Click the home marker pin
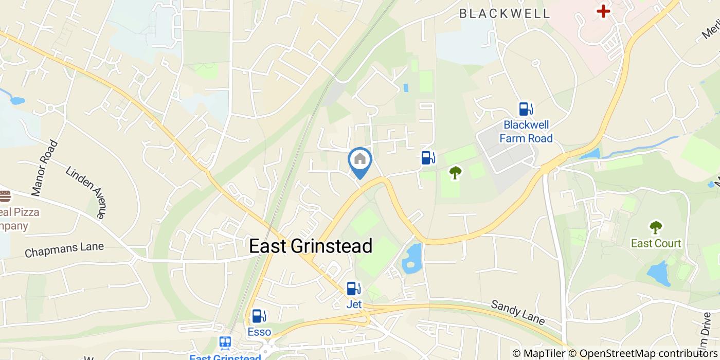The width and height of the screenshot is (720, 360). pos(360,160)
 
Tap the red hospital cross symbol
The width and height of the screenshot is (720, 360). pos(603,10)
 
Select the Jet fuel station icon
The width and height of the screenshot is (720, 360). pos(353,289)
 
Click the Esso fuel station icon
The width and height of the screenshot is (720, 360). pos(259,316)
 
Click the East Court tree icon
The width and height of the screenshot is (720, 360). pos(656,227)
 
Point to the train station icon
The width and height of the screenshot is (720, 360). pos(225,343)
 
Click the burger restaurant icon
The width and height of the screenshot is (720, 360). pos(5,196)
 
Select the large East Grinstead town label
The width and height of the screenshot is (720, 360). pos(311,246)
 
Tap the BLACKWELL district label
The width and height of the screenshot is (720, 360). pos(505,14)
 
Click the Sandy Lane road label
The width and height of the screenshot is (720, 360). pos(517,312)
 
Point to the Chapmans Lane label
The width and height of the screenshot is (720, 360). pos(64,250)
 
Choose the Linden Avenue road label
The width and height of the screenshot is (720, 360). pos(88,191)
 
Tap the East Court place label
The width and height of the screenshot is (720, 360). pos(656,243)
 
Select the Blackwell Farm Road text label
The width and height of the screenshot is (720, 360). pos(526,132)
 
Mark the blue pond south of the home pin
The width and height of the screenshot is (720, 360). pos(411,259)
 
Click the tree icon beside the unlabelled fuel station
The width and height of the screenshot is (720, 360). pos(455,172)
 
